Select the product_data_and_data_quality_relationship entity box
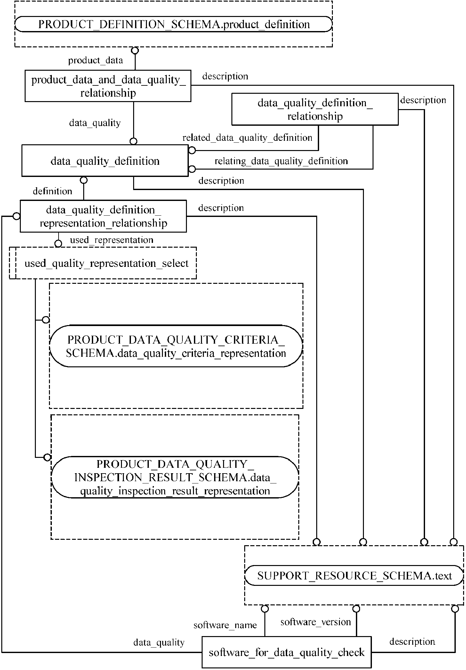(108, 86)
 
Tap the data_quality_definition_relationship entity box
(315, 109)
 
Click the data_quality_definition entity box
(105, 161)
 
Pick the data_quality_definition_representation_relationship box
(103, 216)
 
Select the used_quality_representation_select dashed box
(106, 263)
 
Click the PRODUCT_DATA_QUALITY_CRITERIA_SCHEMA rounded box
(176, 346)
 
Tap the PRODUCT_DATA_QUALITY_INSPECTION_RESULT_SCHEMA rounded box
(175, 477)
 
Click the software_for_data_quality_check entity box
(286, 652)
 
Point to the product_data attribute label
(95, 60)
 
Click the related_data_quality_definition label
(247, 138)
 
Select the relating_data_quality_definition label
(281, 161)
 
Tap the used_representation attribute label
(111, 240)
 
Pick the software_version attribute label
(316, 622)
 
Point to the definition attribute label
(52, 191)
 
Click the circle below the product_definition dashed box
(135, 51)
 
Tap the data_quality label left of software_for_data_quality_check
(159, 642)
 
